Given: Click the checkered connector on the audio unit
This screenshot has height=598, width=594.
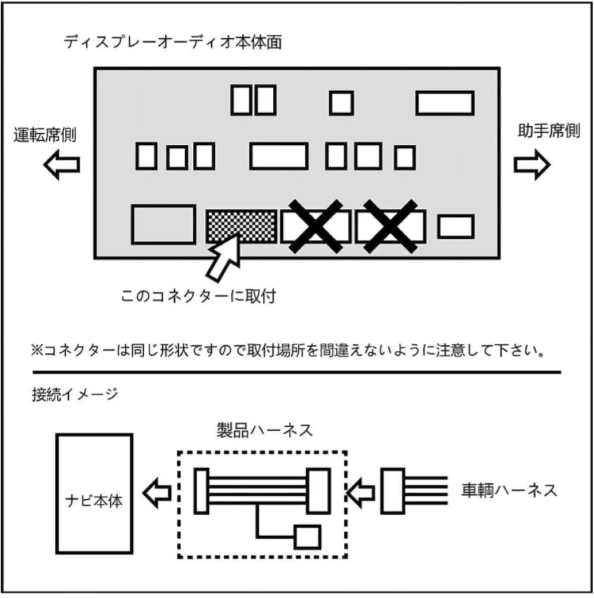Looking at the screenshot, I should coord(241,226).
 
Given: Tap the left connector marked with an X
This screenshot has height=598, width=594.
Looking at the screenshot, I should coord(316,226).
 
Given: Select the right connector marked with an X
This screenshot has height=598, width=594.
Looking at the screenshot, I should coord(390,226).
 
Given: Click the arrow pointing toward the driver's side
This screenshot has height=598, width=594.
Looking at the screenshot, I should coord(61,165).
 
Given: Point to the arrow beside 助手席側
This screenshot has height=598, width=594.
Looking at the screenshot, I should coord(532,165).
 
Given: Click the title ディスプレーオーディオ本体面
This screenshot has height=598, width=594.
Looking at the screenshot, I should coord(172,42).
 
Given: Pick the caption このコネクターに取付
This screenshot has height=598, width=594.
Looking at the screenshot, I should coord(198,297).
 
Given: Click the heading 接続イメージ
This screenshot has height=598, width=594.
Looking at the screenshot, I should coord(75,395).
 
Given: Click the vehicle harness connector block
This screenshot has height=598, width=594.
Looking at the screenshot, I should coord(393,491).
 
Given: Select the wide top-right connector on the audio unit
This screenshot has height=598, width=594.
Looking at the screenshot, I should coord(445,103).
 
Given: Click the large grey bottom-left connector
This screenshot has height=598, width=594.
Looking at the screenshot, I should coord(163,224).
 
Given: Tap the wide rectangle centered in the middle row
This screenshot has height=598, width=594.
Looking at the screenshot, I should coord(278,156).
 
